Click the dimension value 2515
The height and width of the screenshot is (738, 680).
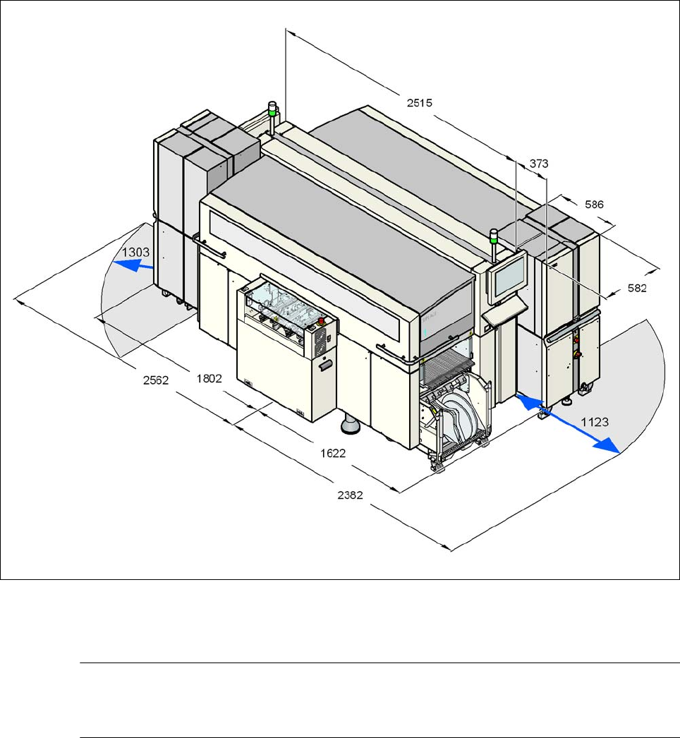419,102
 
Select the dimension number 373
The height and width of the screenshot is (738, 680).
539,163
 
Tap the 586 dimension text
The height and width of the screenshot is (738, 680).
594,205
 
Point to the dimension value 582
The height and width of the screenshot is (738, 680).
637,288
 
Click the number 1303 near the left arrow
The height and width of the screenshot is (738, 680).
135,253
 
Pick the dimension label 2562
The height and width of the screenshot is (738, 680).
156,380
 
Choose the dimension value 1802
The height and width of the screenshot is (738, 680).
209,378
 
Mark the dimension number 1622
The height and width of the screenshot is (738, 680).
333,453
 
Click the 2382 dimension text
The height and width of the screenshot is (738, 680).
350,495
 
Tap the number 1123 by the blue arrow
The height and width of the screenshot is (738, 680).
595,422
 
